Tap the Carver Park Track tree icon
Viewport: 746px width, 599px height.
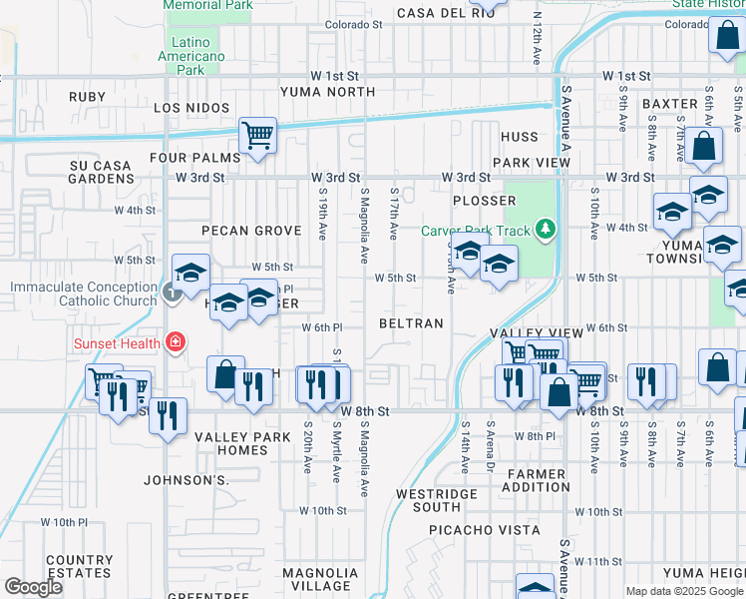(x=545, y=231)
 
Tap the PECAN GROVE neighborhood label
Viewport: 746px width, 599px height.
(x=251, y=231)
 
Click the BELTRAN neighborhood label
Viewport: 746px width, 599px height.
(x=411, y=324)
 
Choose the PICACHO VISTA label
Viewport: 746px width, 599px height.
(x=485, y=530)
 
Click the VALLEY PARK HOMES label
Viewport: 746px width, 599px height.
(x=231, y=443)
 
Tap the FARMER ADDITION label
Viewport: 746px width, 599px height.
(x=538, y=480)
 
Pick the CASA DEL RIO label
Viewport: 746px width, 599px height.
(x=446, y=13)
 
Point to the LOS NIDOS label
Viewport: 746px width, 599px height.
(x=191, y=108)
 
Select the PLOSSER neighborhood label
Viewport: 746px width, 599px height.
(x=484, y=201)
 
